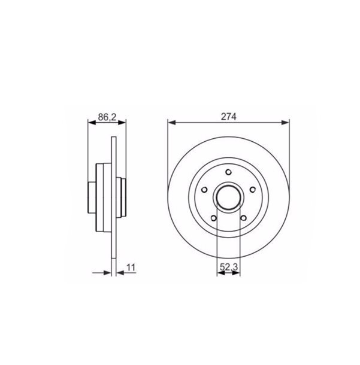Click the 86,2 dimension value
click(107, 117)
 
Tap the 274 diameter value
click(229, 117)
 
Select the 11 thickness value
click(131, 267)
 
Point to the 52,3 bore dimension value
click(229, 267)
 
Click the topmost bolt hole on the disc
click(228, 172)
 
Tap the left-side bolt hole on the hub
click(204, 190)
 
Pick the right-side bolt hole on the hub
click(253, 190)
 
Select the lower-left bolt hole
click(214, 218)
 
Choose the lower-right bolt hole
click(244, 218)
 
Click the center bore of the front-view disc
click(228, 197)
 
